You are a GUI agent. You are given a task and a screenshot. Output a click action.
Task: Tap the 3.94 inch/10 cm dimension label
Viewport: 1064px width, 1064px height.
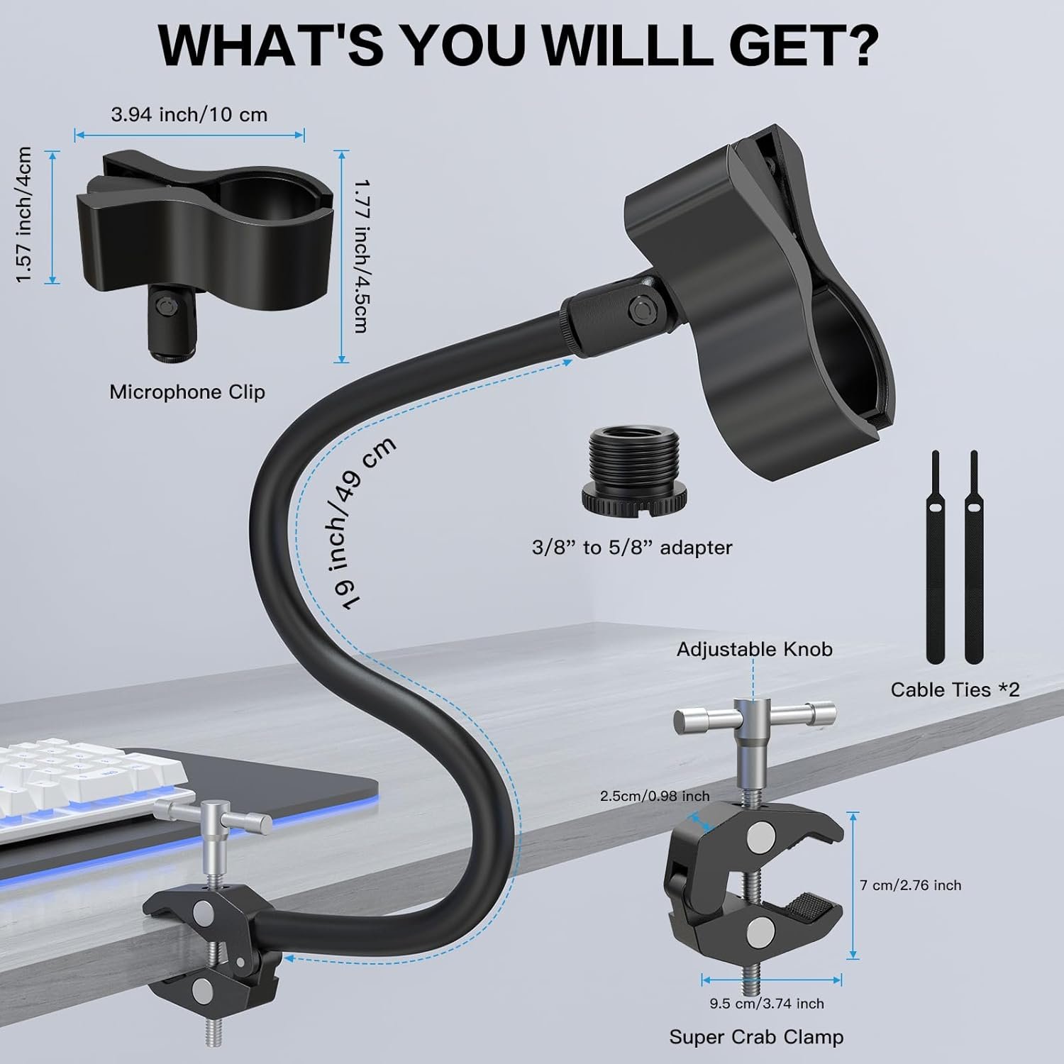189,114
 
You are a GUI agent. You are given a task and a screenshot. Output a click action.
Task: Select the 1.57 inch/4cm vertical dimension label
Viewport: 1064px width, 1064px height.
25,215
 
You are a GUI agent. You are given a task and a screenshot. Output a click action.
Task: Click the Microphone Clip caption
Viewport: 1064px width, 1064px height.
187,392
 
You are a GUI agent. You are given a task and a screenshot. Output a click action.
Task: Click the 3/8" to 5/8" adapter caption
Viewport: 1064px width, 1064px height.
632,547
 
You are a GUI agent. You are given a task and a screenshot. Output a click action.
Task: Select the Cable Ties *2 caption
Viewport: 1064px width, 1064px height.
955,689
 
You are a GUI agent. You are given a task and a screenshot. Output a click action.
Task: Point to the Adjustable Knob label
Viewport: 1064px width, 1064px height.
755,649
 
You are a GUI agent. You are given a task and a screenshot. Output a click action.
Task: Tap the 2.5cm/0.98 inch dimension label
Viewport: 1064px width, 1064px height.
655,796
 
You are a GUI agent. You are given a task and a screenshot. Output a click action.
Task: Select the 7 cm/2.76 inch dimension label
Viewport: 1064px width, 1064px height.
911,885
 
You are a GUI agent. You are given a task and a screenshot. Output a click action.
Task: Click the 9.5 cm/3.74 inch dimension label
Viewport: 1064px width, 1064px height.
767,1004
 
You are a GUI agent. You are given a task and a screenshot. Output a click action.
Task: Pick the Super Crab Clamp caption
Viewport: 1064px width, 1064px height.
756,1037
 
